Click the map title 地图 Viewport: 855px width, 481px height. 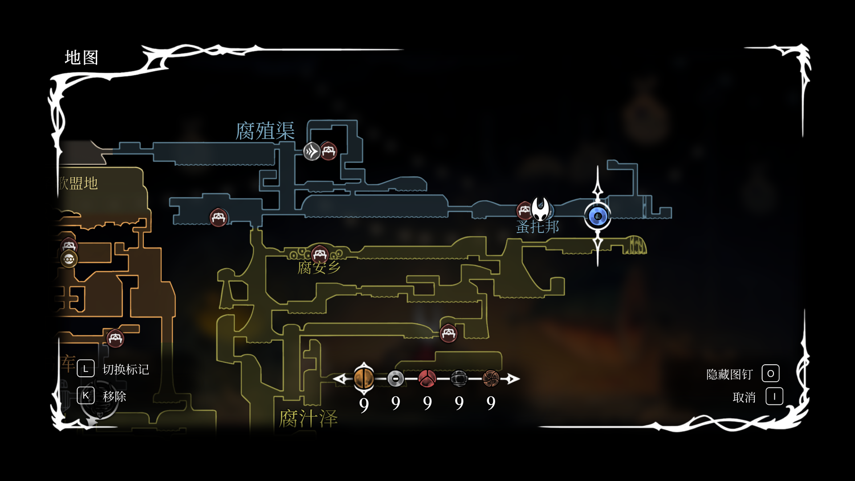[81, 58]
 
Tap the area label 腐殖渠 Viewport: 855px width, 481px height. [265, 131]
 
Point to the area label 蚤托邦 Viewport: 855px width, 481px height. [537, 227]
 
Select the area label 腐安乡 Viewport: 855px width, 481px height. [319, 268]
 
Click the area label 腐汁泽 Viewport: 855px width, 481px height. [308, 419]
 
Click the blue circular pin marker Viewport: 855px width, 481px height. [598, 216]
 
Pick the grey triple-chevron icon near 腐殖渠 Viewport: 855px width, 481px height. [312, 151]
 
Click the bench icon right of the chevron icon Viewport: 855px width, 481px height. [329, 151]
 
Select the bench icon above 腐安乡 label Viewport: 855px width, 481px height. [320, 254]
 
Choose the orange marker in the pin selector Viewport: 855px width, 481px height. [364, 379]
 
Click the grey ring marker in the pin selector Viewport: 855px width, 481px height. [395, 379]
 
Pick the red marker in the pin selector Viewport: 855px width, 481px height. [427, 379]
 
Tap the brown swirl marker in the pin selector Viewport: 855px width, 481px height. [491, 379]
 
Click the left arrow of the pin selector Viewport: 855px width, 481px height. [341, 379]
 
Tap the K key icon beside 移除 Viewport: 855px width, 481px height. [85, 395]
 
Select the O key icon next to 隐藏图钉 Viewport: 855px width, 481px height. [770, 374]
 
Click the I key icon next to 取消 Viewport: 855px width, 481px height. [774, 396]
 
